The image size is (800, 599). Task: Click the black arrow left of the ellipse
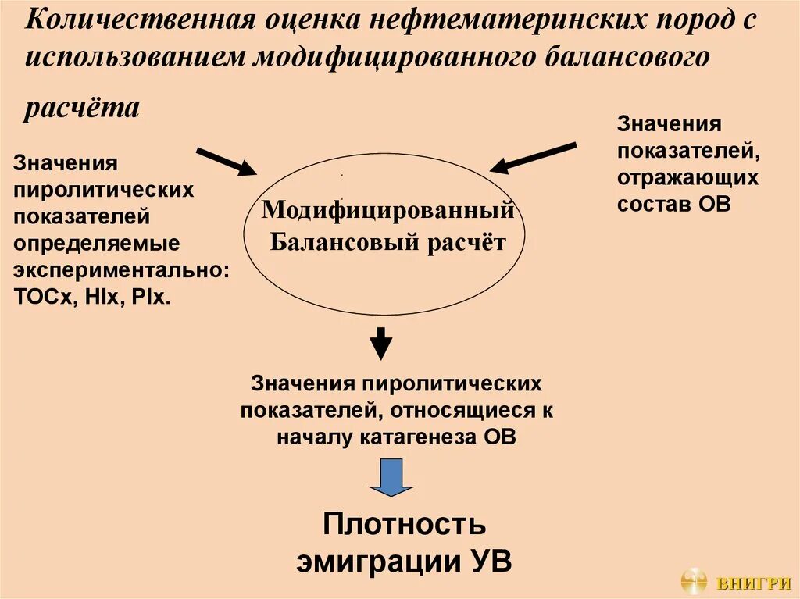click(226, 161)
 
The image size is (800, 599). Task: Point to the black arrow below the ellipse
click(380, 342)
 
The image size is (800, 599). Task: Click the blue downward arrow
click(391, 476)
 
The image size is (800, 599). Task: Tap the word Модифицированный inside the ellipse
click(387, 209)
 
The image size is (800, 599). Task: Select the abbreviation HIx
click(97, 297)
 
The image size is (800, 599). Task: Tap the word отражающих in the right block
click(687, 177)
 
